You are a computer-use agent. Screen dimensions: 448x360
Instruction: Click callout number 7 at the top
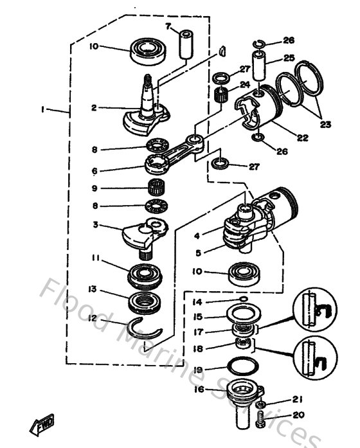tap(168, 26)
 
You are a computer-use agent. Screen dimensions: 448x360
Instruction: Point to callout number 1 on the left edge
tap(42, 110)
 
